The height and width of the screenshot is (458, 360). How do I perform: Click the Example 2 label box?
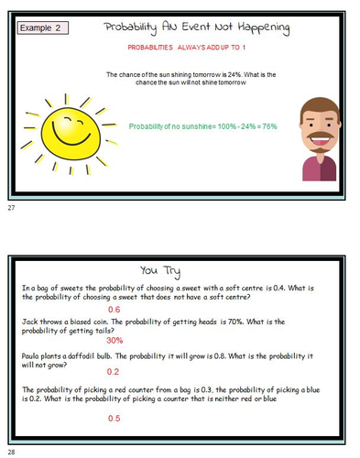(44, 28)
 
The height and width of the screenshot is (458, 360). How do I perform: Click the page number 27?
(11, 210)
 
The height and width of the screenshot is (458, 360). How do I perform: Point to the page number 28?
(11, 452)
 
